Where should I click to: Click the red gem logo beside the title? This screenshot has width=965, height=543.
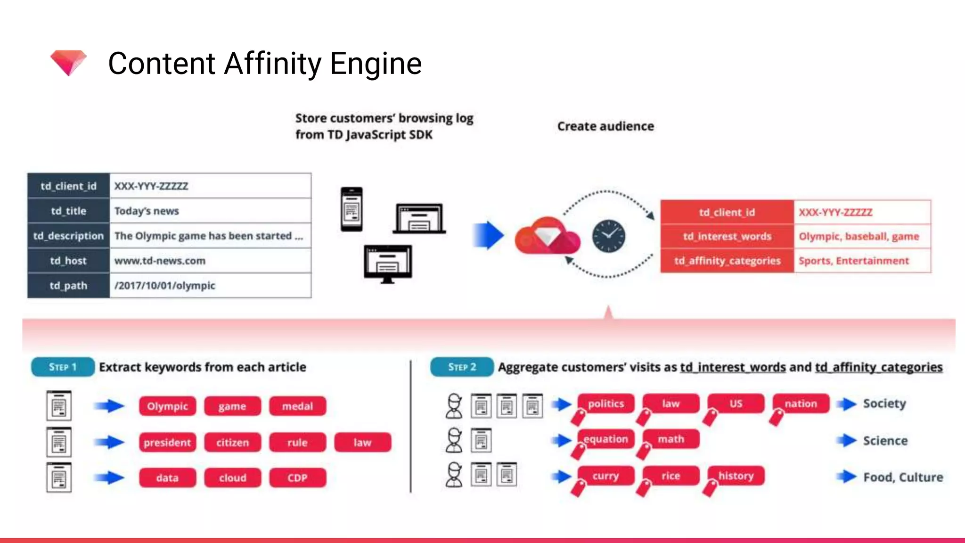point(69,62)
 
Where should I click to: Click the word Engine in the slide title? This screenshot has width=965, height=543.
point(376,64)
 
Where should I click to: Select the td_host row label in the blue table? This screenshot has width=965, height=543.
point(68,261)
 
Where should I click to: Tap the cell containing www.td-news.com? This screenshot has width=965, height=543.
point(210,261)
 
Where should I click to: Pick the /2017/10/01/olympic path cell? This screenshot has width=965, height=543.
point(210,286)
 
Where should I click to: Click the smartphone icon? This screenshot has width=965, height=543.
point(352,209)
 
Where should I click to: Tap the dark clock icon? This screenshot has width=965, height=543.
point(608,236)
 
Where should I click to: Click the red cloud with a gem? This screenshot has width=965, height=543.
point(548,236)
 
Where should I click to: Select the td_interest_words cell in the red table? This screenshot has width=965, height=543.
point(727,236)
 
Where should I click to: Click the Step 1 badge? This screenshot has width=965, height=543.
point(63,367)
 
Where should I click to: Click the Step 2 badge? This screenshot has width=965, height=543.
point(462,367)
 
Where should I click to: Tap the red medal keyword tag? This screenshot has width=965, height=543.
point(297,406)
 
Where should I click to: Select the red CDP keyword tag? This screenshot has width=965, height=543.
point(297,478)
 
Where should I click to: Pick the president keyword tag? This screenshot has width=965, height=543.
point(167,443)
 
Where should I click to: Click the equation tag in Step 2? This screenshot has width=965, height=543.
point(606,439)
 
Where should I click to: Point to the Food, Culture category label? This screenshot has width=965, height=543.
point(903,477)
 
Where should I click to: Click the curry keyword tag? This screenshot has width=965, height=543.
point(606,476)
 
